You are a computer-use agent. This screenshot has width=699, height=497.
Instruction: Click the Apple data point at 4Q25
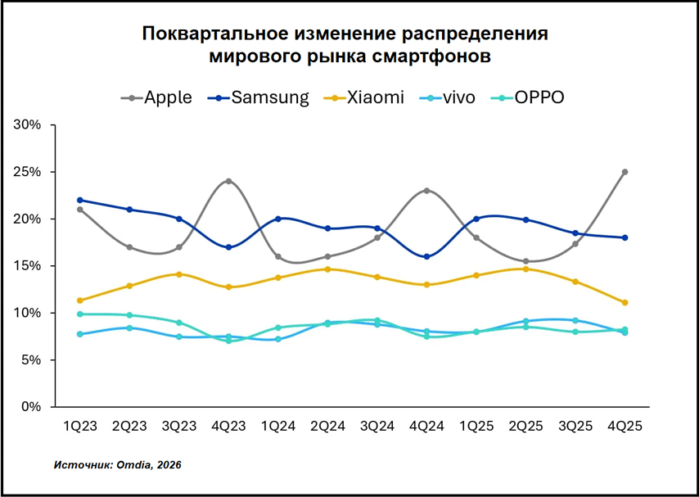click(x=625, y=172)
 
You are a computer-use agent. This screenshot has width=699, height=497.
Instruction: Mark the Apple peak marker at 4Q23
click(x=228, y=181)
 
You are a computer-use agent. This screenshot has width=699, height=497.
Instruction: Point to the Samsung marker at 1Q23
click(x=80, y=200)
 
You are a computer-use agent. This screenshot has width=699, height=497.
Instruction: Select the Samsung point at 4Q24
click(x=426, y=256)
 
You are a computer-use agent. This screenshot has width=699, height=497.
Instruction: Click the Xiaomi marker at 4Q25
click(x=625, y=302)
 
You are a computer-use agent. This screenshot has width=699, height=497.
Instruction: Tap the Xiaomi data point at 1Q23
click(x=80, y=300)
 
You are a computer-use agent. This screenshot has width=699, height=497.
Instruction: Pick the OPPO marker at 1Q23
click(x=80, y=314)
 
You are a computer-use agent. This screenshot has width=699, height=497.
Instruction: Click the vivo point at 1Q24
click(x=278, y=339)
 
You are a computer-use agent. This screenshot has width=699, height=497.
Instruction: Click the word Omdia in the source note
click(x=136, y=465)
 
